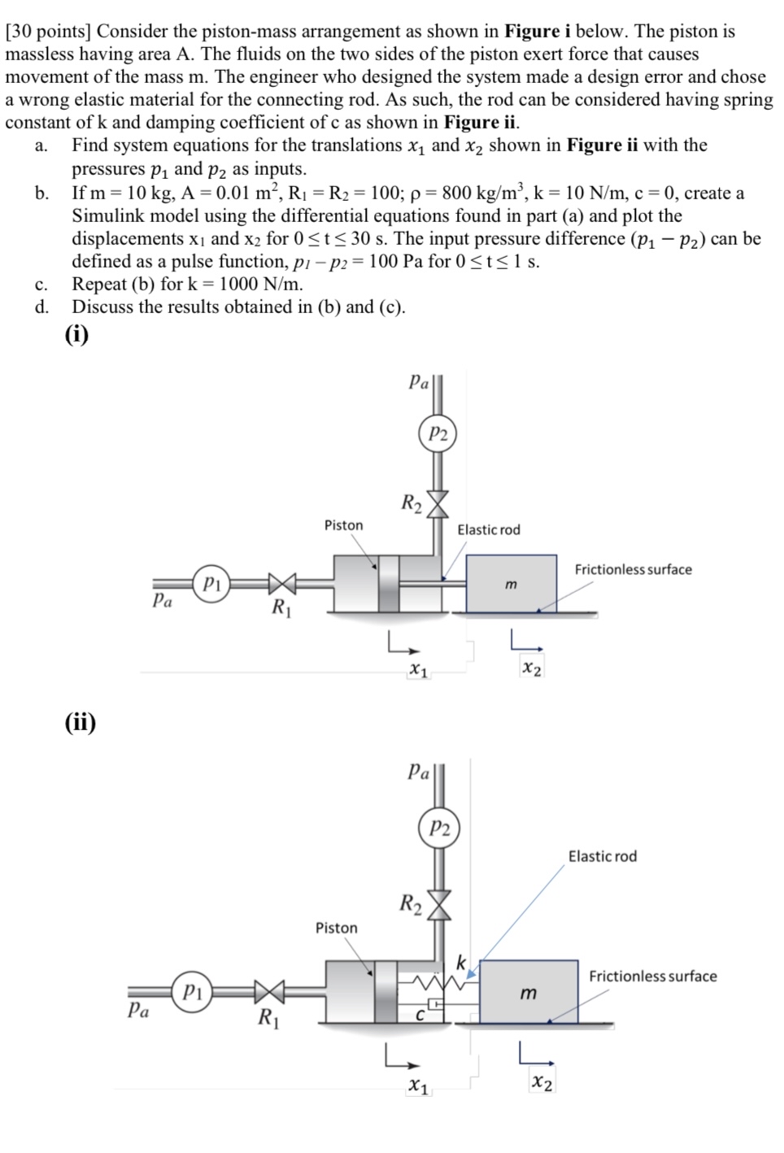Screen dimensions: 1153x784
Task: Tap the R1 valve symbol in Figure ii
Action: tap(268, 992)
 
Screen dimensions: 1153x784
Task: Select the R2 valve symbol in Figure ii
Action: tap(439, 903)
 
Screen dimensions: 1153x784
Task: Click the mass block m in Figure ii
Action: tap(529, 992)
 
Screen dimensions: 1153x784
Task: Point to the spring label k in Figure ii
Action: tap(460, 963)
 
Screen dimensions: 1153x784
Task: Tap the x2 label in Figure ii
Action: tap(542, 1082)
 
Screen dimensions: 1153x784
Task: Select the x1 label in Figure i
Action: tap(418, 670)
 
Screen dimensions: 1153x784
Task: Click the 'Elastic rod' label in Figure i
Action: tap(488, 530)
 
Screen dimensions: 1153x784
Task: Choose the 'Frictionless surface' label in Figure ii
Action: tap(652, 976)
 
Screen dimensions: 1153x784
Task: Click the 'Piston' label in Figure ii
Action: tap(336, 928)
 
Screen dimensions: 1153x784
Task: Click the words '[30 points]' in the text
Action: tap(49, 32)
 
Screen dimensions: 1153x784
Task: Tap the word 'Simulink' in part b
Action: tap(108, 216)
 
